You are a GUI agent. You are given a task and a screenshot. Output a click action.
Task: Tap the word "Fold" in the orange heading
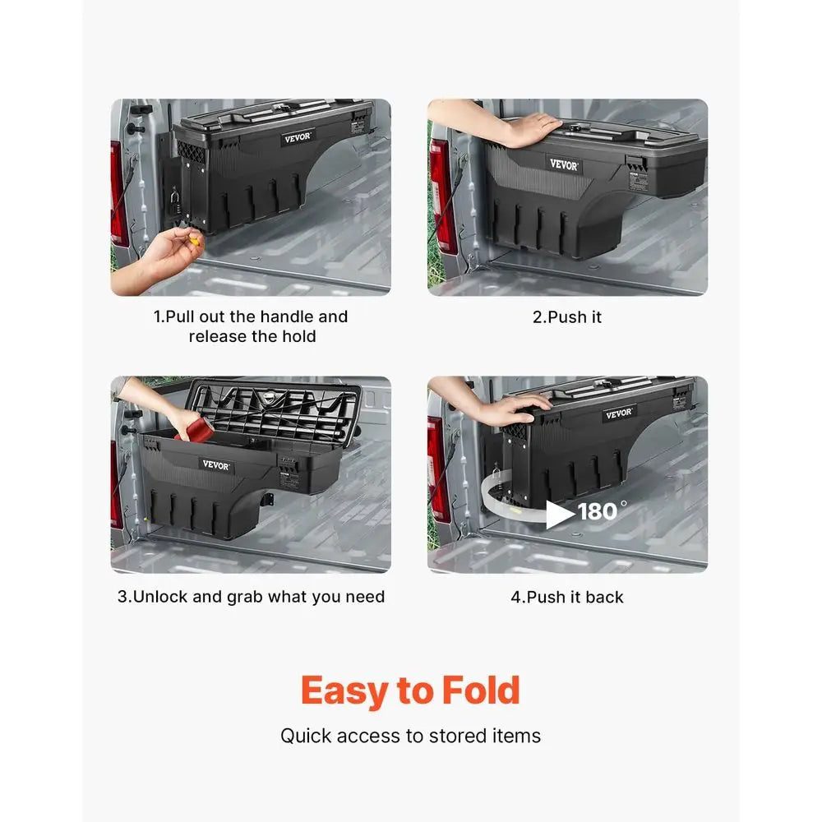[x=481, y=691]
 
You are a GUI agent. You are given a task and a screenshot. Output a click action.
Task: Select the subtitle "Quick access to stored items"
[x=410, y=735]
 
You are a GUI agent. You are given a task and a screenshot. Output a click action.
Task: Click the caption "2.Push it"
[x=567, y=316]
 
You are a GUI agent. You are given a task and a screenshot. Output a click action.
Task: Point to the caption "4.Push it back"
[x=567, y=597]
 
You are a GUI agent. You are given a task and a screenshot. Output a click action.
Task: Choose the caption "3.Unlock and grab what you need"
[x=251, y=597]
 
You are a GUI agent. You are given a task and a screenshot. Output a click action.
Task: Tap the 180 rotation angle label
[x=598, y=512]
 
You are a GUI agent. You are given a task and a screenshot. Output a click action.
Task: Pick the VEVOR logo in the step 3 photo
[x=217, y=465]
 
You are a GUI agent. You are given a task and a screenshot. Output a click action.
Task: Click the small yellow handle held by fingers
[x=196, y=238]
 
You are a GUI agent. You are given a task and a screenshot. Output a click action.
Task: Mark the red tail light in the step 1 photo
[x=119, y=193]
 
